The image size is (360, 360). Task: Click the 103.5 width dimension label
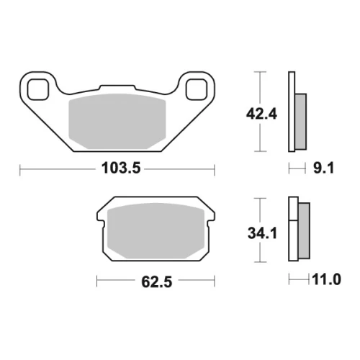pos(121,168)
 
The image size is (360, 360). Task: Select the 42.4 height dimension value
pos(261,114)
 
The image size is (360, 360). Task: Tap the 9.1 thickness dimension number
pos(323,168)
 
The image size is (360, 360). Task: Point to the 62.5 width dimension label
pos(157,282)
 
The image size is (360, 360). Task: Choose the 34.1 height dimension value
pos(262,233)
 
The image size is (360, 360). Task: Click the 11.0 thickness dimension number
pos(326,279)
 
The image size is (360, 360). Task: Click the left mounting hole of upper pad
pos(38,89)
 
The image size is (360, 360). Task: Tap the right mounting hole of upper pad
pos(197,89)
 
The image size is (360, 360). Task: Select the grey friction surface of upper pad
pos(117,121)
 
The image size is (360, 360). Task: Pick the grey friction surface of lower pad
pos(156,231)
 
